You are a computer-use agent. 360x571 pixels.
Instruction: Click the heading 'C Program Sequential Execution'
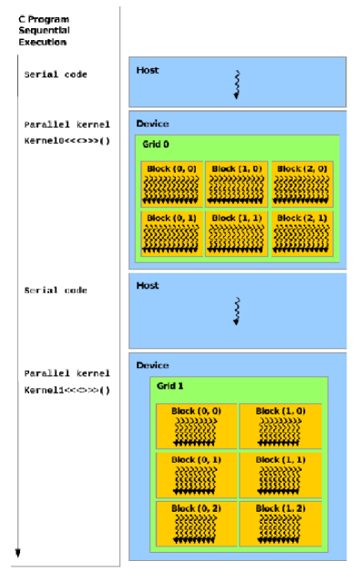pos(44,30)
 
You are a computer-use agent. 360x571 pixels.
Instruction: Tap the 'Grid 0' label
pos(156,144)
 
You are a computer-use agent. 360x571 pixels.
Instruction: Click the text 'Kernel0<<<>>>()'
pos(67,142)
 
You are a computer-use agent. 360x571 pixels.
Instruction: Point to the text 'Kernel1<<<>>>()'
pos(67,390)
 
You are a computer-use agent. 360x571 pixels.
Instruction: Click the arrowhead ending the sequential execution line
pos(17,552)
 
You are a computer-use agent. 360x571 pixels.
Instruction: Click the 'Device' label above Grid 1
pos(151,364)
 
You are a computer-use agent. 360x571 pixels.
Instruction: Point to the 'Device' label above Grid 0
pos(151,123)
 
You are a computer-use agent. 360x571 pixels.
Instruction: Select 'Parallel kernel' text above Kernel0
pos(67,124)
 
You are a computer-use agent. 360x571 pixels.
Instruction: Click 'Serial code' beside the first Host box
pos(56,75)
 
